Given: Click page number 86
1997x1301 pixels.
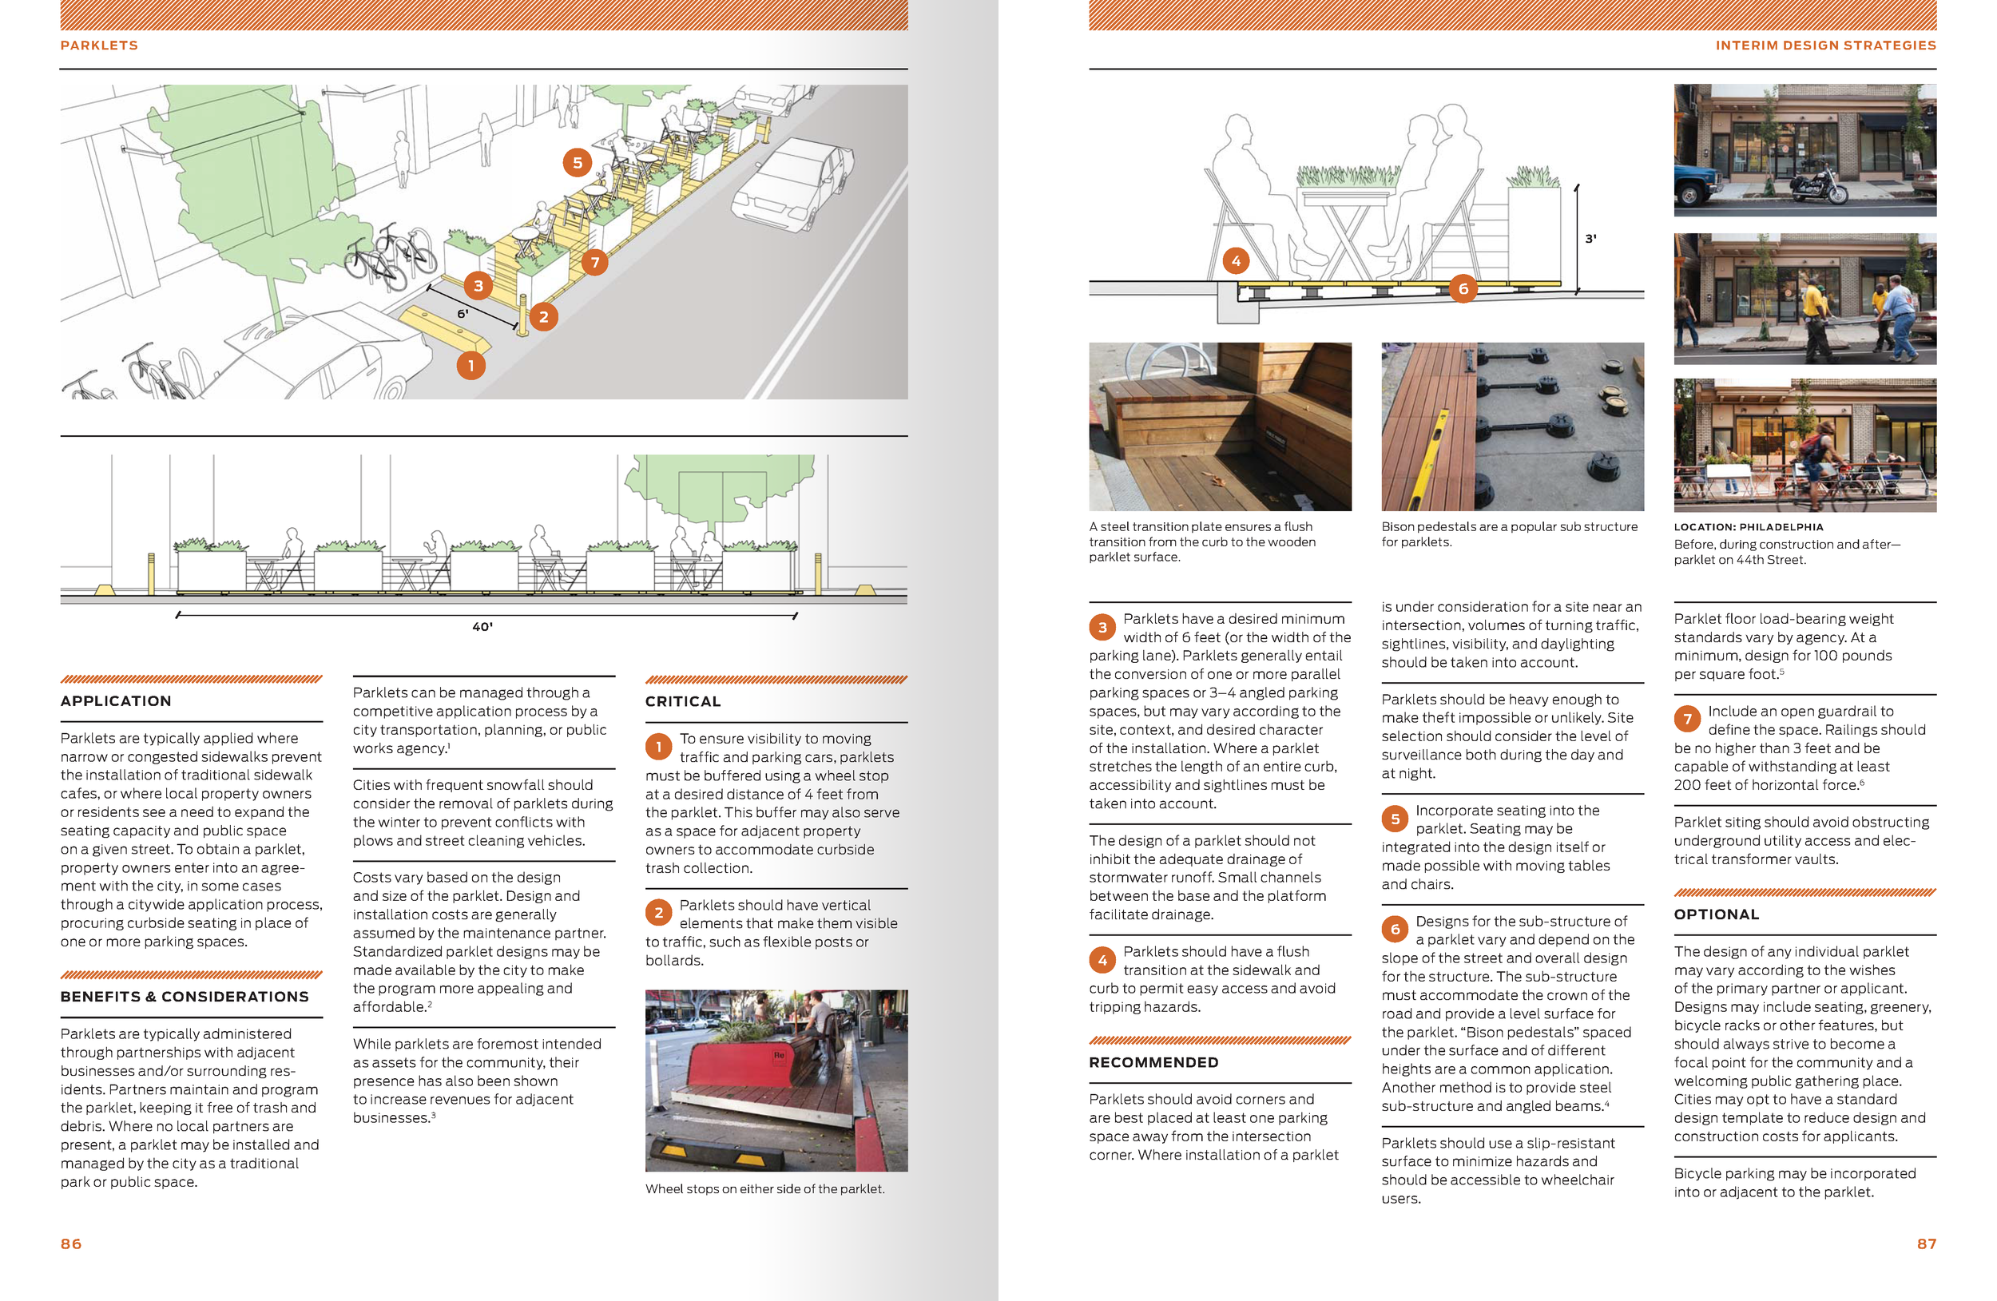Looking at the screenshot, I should [70, 1243].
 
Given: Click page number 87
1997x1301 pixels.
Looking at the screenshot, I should [1927, 1243].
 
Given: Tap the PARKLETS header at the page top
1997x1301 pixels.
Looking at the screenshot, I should [99, 46].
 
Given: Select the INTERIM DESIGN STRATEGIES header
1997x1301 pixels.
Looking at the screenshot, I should [1825, 46].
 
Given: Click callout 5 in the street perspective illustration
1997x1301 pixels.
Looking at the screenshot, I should [578, 163].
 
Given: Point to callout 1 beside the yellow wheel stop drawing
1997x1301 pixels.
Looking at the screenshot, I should [470, 366].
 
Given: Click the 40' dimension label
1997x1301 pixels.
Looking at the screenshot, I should [482, 627].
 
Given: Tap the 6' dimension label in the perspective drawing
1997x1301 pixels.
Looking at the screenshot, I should [463, 314].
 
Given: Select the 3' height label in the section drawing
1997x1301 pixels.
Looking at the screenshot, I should [1590, 239].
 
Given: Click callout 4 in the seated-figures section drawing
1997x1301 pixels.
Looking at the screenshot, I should [1235, 261].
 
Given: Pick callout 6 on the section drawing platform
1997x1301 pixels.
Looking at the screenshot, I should [1463, 289].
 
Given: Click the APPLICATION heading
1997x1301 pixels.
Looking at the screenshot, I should [116, 700].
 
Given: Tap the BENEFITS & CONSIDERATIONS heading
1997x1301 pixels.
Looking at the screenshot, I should [185, 997].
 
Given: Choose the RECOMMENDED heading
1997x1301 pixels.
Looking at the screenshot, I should [1153, 1062].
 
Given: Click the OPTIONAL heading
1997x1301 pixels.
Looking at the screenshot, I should [1716, 914].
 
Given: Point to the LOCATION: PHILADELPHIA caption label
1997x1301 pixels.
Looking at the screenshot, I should [1748, 527].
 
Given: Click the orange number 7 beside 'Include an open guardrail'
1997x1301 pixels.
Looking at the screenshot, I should [1687, 719].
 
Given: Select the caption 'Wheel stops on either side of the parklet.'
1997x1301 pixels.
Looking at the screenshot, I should [764, 1188].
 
